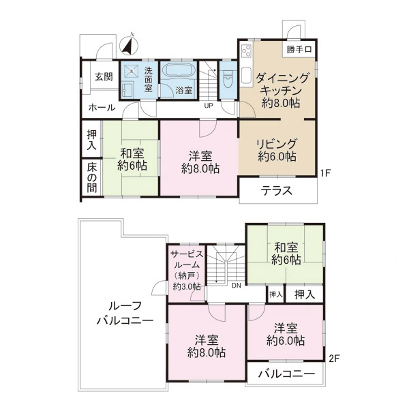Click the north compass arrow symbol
(x=127, y=45)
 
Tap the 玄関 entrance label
(x=103, y=76)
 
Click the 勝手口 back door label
(x=299, y=49)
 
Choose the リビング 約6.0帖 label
(x=276, y=150)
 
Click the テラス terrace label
(x=277, y=192)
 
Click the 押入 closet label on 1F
(x=92, y=139)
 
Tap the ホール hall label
(x=102, y=108)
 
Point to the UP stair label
(x=208, y=106)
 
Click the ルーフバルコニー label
(x=123, y=313)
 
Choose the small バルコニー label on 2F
(x=288, y=374)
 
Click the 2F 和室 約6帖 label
(x=286, y=253)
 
